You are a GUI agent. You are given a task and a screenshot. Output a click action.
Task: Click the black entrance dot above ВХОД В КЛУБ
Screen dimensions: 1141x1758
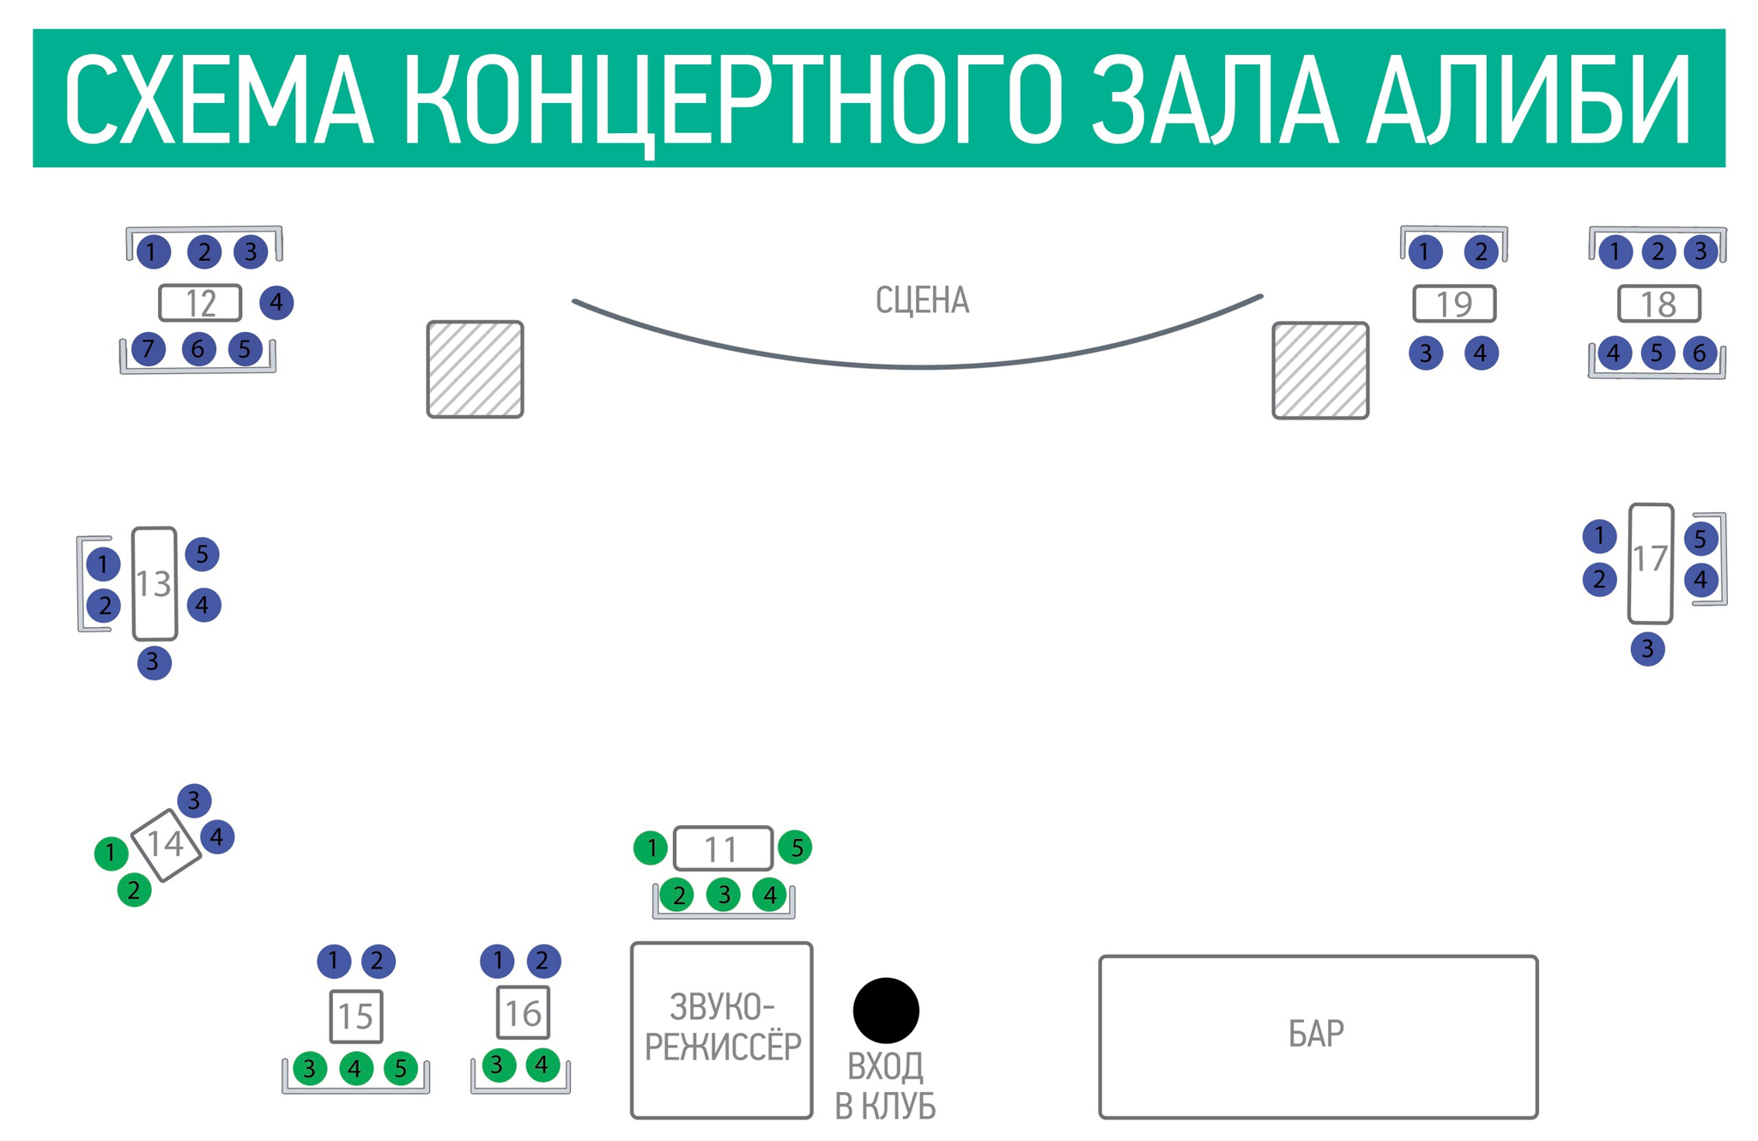click(886, 1010)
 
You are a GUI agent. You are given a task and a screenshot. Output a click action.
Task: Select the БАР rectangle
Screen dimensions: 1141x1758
click(1318, 1036)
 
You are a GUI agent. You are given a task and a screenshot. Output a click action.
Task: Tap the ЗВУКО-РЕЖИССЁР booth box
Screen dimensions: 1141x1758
click(721, 1029)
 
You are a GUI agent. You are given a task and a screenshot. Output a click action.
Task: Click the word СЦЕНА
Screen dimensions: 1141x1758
click(922, 301)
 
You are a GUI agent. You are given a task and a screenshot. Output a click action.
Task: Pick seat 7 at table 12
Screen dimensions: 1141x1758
click(149, 349)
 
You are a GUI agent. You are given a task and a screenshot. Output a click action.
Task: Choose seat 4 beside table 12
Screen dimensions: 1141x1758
click(276, 302)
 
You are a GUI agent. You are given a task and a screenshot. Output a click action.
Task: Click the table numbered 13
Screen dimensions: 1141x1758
click(155, 583)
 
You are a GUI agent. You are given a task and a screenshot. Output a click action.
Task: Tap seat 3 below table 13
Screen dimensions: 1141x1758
click(154, 662)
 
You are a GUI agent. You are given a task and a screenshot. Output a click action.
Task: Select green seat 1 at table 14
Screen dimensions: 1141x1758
click(111, 853)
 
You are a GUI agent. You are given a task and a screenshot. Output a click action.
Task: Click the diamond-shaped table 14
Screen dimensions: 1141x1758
click(166, 844)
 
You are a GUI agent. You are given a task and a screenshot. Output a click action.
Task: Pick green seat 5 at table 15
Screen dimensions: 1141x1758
click(400, 1069)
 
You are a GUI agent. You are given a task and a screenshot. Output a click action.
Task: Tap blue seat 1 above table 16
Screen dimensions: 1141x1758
click(497, 961)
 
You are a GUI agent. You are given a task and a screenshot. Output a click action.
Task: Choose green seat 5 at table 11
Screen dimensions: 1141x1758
click(796, 848)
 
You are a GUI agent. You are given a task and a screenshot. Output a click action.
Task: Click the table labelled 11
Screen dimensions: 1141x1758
click(723, 848)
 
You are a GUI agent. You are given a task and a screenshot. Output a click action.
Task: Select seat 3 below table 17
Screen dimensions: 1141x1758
click(1647, 649)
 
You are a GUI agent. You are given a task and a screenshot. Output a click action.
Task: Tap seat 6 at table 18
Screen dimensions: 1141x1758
click(1700, 353)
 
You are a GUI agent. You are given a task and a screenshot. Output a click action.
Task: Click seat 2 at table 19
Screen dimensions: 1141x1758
click(1481, 251)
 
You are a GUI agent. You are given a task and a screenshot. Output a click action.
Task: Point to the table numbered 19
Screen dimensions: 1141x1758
click(1454, 304)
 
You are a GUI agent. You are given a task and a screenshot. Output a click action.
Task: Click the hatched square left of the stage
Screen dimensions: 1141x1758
click(475, 369)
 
